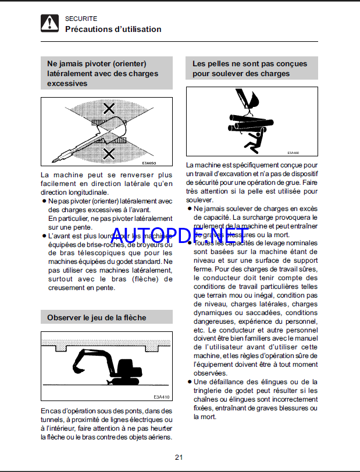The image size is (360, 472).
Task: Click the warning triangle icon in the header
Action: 50,24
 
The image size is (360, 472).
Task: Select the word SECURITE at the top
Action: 81,19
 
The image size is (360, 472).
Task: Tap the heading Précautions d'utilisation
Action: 113,29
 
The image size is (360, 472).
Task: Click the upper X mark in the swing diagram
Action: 108,108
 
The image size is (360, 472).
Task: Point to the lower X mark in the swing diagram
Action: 108,153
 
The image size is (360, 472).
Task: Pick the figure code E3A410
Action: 161,397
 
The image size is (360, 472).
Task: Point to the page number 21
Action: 179,457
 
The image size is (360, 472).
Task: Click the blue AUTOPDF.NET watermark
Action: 177,235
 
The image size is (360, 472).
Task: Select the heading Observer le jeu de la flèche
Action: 97,317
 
